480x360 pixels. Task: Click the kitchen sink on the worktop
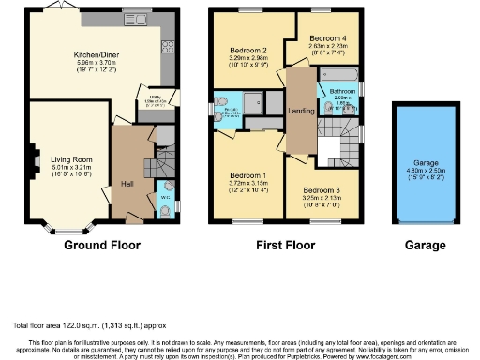[x=129, y=17]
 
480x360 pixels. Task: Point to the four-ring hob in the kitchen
[x=169, y=46]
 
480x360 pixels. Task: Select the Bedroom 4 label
[x=330, y=39]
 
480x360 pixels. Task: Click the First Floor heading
[x=287, y=246]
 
